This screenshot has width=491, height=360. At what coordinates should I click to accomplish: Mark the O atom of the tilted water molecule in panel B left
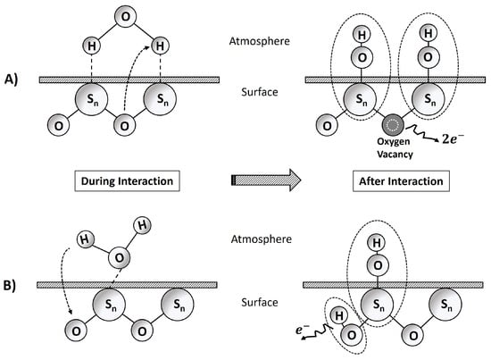click(115, 256)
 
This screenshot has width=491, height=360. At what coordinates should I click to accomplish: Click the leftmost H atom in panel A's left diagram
click(90, 45)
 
